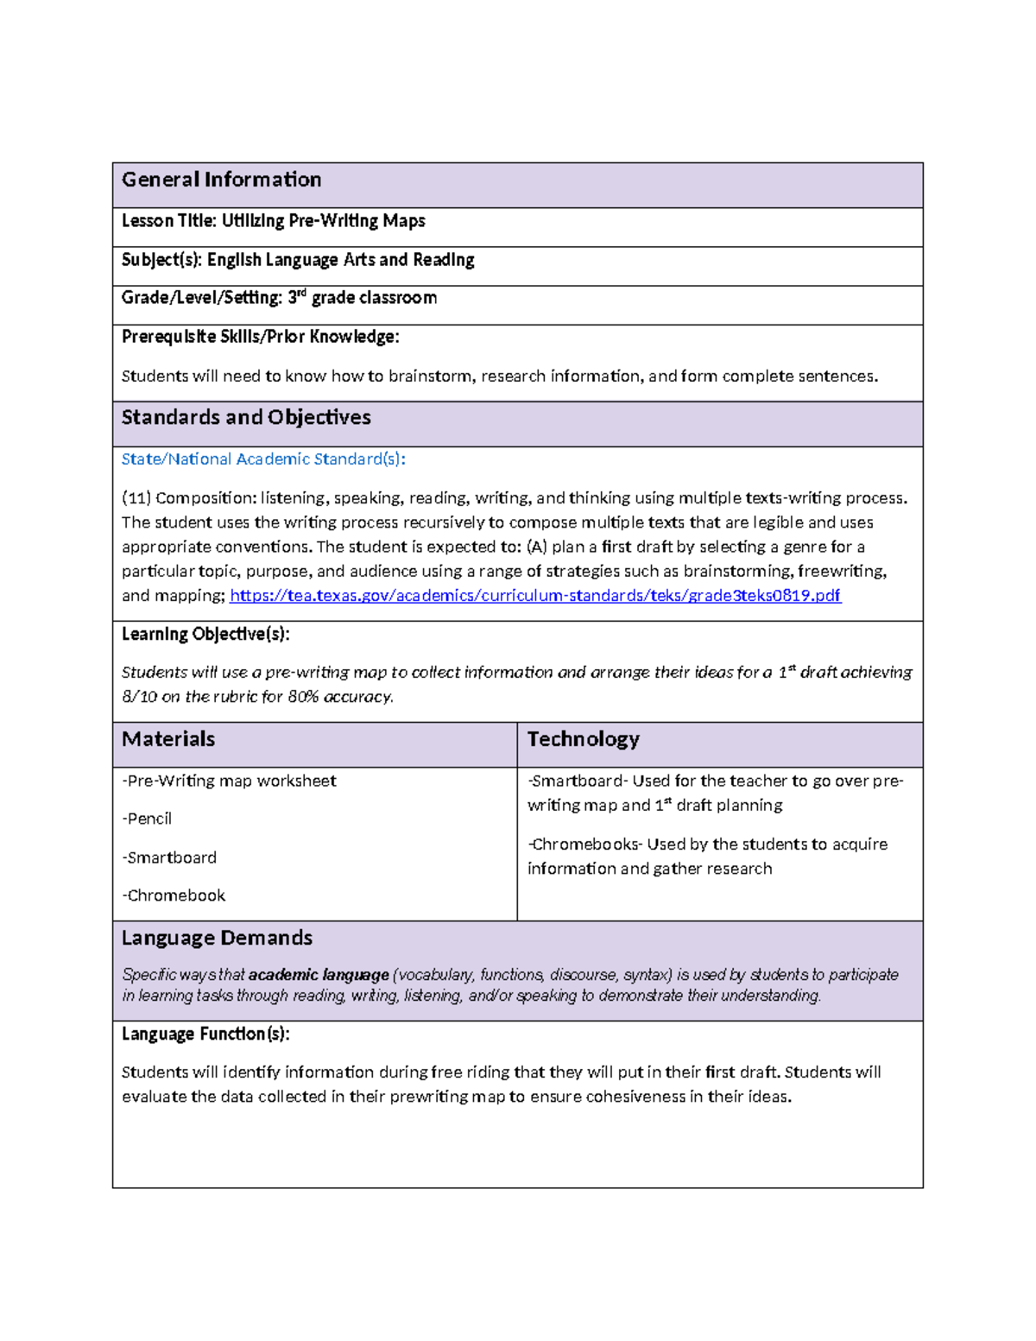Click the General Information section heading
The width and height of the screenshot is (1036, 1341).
coord(221,180)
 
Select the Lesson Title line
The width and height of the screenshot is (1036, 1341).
coord(273,221)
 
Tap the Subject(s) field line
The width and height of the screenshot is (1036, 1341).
coord(298,260)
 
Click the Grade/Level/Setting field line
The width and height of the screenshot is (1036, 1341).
coord(279,298)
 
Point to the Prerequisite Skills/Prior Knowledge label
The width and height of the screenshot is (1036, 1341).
coord(260,337)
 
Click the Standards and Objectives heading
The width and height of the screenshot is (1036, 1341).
coord(246,418)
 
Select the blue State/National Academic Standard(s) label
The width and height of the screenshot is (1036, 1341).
coord(263,459)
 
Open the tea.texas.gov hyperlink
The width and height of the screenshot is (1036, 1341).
coord(535,596)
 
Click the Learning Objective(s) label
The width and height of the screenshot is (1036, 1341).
coord(205,635)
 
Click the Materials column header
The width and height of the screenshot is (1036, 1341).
coord(168,739)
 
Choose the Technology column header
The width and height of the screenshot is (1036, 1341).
coord(583,739)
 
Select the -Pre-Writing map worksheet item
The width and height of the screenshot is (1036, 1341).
coord(229,781)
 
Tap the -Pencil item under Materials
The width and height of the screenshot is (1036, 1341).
coord(147,819)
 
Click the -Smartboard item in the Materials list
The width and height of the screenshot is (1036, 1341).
coord(169,857)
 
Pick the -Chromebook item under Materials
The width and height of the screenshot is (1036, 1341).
coord(174,895)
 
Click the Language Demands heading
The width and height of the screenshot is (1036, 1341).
coord(217,939)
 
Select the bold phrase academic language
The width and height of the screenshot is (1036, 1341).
coord(319,975)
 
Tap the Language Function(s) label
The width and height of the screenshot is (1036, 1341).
coord(205,1034)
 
